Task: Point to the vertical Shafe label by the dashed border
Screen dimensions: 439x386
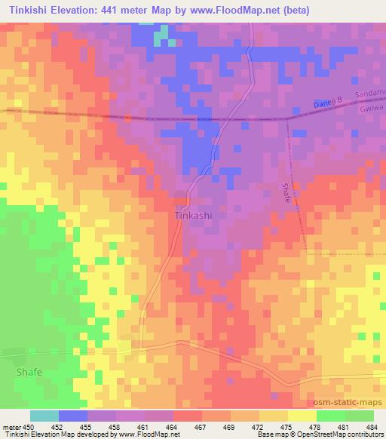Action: [286, 195]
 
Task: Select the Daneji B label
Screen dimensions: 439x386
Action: [326, 103]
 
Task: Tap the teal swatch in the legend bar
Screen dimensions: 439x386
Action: [44, 416]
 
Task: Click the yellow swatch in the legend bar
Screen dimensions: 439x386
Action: [302, 416]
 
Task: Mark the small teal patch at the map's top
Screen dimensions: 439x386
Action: [161, 35]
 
